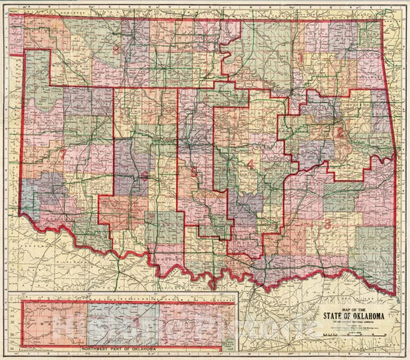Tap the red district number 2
click(x=339, y=132)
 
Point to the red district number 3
click(x=328, y=225)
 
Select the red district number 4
click(x=250, y=163)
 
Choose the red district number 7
click(x=62, y=156)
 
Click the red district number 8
click(x=116, y=50)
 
